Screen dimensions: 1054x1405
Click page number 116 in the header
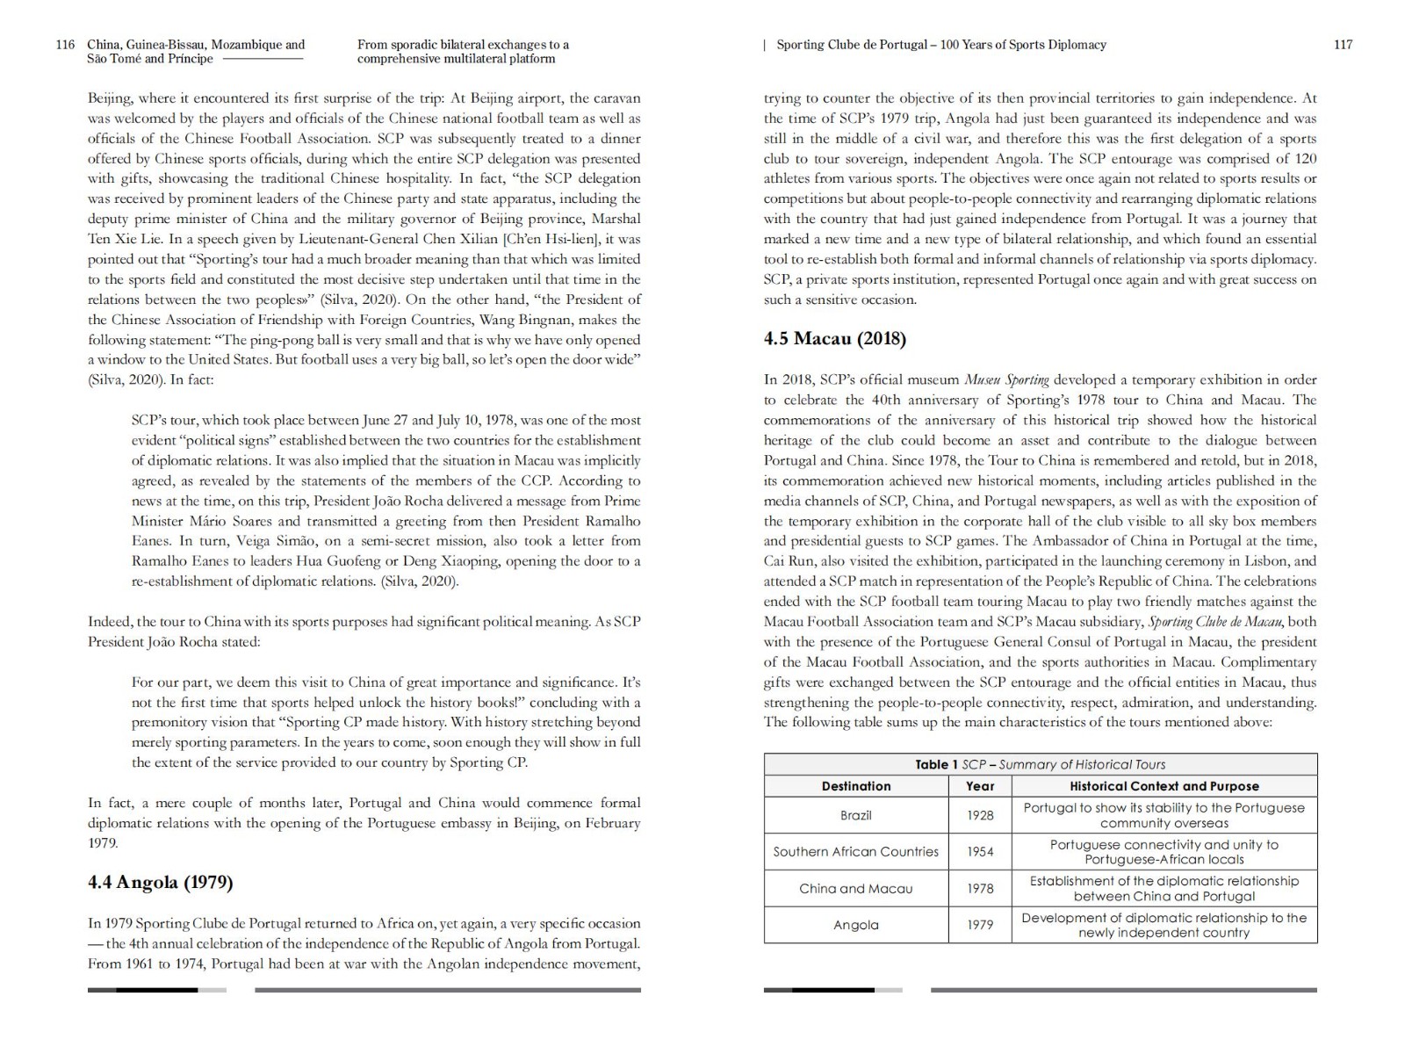[64, 45]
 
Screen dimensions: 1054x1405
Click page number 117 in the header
[1343, 45]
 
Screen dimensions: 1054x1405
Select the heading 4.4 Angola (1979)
[160, 883]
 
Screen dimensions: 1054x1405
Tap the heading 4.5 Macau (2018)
[834, 338]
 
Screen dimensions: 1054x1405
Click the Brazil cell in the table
[855, 815]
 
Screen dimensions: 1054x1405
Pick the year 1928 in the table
[980, 815]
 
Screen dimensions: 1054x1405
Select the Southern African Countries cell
[855, 851]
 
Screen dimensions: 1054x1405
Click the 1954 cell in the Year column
[980, 851]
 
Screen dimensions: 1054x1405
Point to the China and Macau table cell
[855, 888]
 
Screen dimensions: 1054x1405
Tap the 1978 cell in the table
[980, 888]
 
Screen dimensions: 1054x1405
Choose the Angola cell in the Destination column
[855, 925]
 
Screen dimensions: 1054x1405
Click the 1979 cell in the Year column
[980, 925]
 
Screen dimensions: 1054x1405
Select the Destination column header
[855, 786]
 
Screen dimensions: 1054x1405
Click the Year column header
[980, 786]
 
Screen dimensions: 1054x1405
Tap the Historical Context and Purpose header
[1164, 786]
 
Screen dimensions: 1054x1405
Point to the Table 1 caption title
[1040, 764]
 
